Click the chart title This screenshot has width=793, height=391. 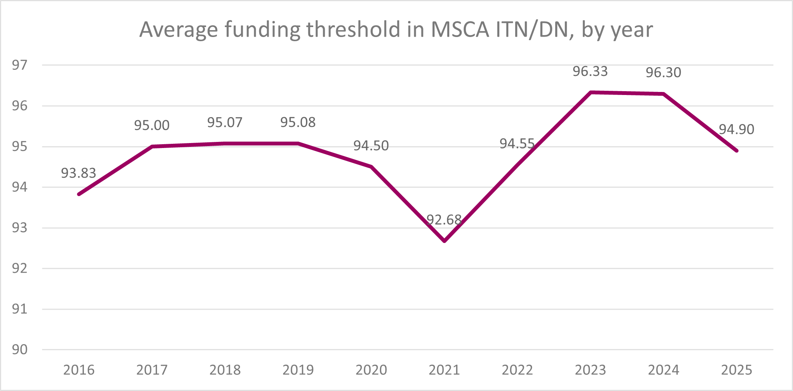[396, 30]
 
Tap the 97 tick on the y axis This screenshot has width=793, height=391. [20, 65]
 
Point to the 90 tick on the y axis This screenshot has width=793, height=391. [20, 349]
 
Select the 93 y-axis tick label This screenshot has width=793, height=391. [20, 228]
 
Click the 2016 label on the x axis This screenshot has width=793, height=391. [79, 370]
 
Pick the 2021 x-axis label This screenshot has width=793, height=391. [444, 370]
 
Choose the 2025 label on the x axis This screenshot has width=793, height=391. [737, 370]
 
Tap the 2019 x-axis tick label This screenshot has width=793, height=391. [298, 370]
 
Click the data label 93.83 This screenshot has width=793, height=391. [78, 173]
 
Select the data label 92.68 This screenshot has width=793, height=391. [444, 220]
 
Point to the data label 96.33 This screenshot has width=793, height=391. [590, 71]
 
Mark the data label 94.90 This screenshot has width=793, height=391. [736, 130]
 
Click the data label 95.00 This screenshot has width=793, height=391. [152, 126]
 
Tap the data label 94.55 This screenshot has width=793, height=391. [517, 144]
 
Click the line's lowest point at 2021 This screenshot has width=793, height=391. [444, 241]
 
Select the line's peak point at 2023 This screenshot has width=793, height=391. [590, 92]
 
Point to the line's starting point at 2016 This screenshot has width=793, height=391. [79, 194]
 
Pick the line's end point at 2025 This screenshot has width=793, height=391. [737, 151]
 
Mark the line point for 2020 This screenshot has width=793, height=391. [371, 167]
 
